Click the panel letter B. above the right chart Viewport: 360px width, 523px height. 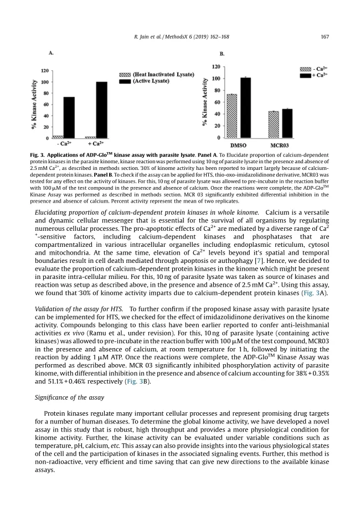tap(223, 54)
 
